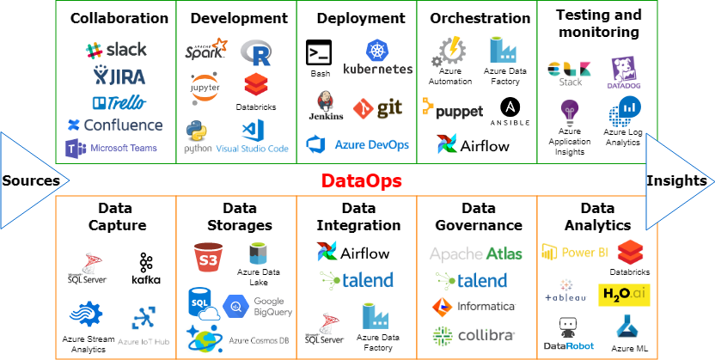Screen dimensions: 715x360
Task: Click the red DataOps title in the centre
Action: pyautogui.click(x=361, y=181)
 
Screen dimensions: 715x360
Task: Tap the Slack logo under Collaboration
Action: pyautogui.click(x=116, y=50)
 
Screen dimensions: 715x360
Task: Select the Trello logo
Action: pyautogui.click(x=119, y=102)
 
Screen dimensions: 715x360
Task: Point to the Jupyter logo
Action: pyautogui.click(x=205, y=88)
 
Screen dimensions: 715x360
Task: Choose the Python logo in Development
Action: pyautogui.click(x=197, y=132)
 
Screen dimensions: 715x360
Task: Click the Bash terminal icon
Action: pyautogui.click(x=319, y=52)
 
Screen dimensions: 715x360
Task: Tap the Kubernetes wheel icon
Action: pyautogui.click(x=376, y=50)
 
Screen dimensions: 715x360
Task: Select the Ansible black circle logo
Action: pyautogui.click(x=510, y=107)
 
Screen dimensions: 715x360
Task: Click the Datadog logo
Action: pyautogui.click(x=623, y=73)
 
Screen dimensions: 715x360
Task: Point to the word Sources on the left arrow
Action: pyautogui.click(x=31, y=180)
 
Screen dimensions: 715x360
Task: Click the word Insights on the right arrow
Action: pyautogui.click(x=676, y=180)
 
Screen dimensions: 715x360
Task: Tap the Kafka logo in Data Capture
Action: pyautogui.click(x=146, y=269)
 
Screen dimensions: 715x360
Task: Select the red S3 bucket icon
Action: pyautogui.click(x=208, y=257)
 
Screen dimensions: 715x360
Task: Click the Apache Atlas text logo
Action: pyautogui.click(x=475, y=253)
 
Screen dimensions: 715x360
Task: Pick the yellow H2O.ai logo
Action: pyautogui.click(x=624, y=295)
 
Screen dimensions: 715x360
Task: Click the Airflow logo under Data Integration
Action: pyautogui.click(x=353, y=253)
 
